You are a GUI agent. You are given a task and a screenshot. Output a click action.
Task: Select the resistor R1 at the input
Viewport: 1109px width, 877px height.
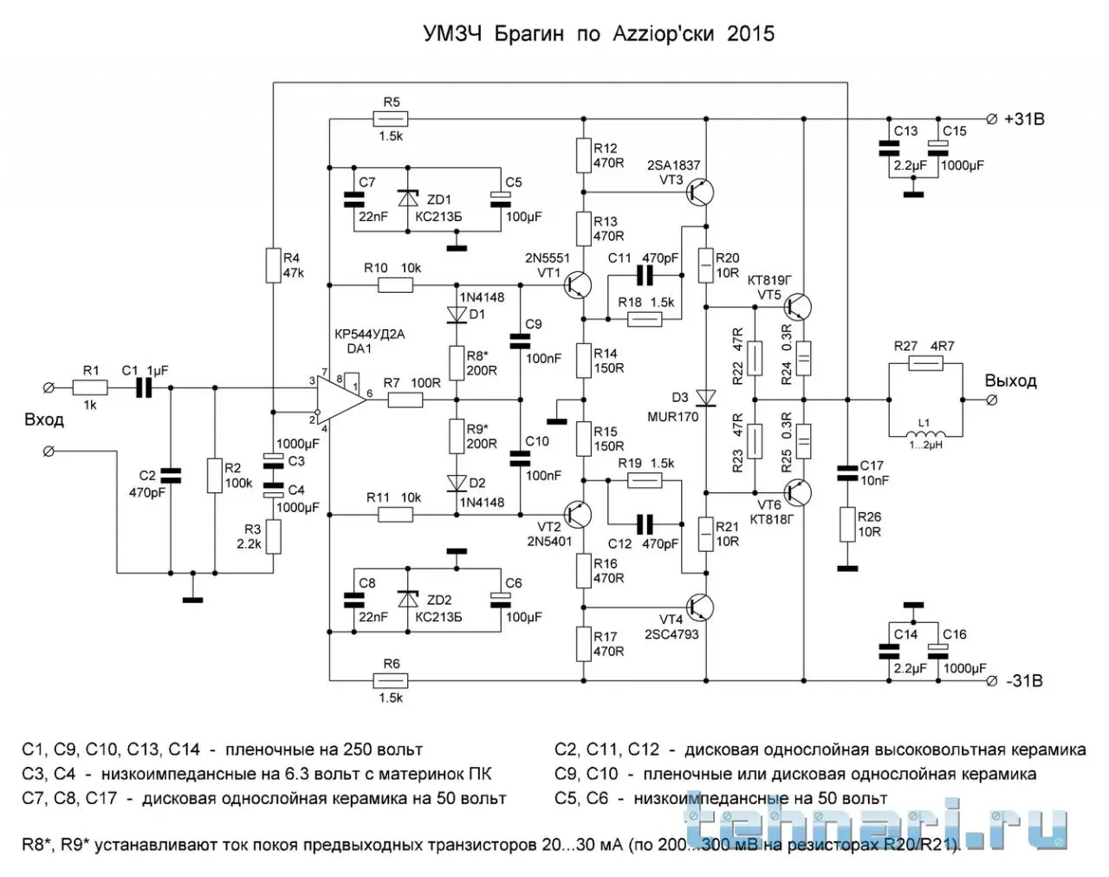click(90, 387)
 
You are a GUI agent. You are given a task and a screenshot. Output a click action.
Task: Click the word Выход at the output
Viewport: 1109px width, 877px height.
click(1010, 380)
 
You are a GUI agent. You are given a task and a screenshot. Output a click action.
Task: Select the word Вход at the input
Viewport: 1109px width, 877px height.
click(44, 420)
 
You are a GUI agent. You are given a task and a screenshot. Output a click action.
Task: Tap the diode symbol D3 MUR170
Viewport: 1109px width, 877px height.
click(709, 398)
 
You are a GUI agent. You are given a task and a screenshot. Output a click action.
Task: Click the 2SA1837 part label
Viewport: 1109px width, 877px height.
click(673, 166)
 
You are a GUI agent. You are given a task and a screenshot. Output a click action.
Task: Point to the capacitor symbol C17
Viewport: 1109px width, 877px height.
click(846, 473)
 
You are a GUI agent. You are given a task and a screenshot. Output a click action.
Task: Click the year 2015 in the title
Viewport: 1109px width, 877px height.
click(750, 35)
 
